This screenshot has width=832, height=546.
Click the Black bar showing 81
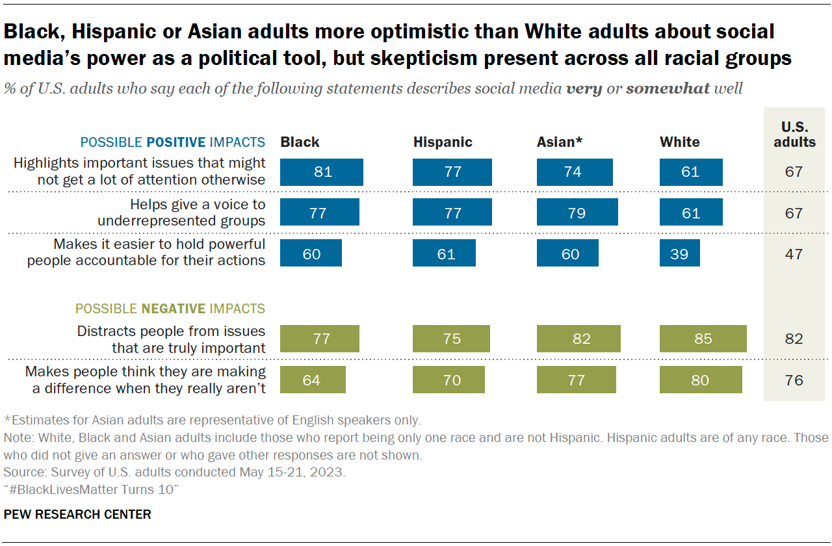pos(322,172)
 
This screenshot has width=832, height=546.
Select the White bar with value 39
pos(679,253)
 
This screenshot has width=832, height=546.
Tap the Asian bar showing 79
pos(577,213)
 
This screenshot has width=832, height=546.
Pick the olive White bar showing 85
pos(703,339)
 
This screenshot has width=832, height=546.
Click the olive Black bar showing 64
pos(313,380)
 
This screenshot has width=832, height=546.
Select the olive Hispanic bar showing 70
pos(448,380)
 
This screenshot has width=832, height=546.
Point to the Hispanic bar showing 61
pos(444,253)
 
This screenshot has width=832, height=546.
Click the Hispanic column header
pos(443,142)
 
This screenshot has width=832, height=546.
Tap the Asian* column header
pos(560,142)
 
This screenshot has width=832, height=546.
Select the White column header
pos(679,142)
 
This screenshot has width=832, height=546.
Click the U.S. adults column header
pos(794,134)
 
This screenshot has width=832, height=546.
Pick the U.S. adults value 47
pos(794,253)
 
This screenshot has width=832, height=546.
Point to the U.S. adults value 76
pos(794,380)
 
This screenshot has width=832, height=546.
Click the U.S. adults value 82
pos(794,339)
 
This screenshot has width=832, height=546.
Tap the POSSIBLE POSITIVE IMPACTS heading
pos(172,142)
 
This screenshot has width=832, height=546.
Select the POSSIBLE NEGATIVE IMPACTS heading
pos(170,309)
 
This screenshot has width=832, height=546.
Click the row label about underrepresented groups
pos(182,213)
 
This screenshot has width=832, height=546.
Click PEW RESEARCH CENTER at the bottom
pos(77,514)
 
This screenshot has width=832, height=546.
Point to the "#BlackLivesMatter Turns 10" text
pos(90,489)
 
